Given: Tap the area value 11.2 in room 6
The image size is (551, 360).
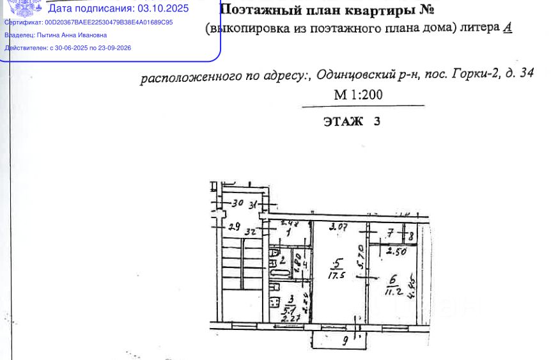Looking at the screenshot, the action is coord(393,292).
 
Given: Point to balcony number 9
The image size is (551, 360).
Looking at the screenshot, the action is coord(345,341).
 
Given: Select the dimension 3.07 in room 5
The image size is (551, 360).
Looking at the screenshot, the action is coord(338,226).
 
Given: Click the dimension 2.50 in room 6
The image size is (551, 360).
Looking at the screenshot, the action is coord(396,251).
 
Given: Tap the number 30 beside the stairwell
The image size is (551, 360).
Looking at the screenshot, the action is coord(238,204).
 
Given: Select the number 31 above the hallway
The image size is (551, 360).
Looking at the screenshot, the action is coord(254,205).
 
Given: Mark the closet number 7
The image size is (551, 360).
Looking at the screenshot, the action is coord(390,235).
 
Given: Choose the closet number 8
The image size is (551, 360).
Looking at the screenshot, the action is coord(411,236).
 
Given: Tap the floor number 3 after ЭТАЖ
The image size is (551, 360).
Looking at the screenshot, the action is coord(376,121).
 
